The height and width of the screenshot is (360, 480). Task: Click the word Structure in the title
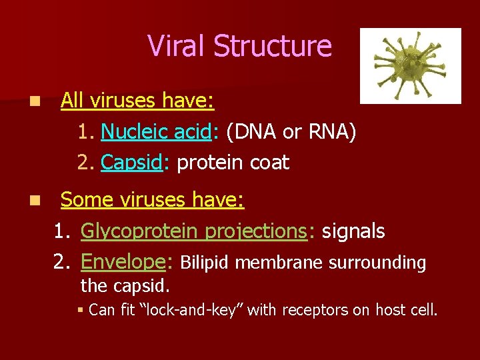pos(272,45)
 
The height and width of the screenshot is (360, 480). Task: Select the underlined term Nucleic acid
pos(155,132)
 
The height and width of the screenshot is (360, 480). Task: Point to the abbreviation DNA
pos(255,132)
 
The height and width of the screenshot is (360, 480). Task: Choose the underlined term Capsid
pos(131,163)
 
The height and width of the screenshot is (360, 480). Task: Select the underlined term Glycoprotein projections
pos(193,231)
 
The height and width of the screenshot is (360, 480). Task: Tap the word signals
pos(353,231)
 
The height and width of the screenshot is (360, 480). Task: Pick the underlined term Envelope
pos(123,263)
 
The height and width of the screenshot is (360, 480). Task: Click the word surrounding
pos(378,263)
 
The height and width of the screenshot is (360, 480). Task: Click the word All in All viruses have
pos(73,101)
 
